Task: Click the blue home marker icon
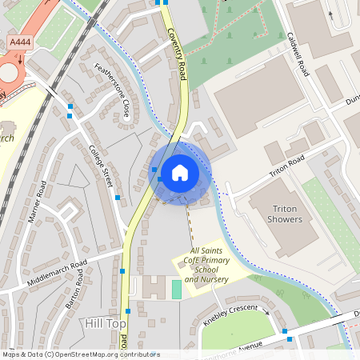(x=179, y=173)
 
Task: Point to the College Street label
(x=102, y=167)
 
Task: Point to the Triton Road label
(x=287, y=166)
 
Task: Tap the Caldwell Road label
(x=297, y=55)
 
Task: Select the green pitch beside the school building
(x=176, y=289)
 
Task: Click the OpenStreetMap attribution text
(x=80, y=354)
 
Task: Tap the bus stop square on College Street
(x=118, y=197)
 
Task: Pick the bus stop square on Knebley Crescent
(x=284, y=330)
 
